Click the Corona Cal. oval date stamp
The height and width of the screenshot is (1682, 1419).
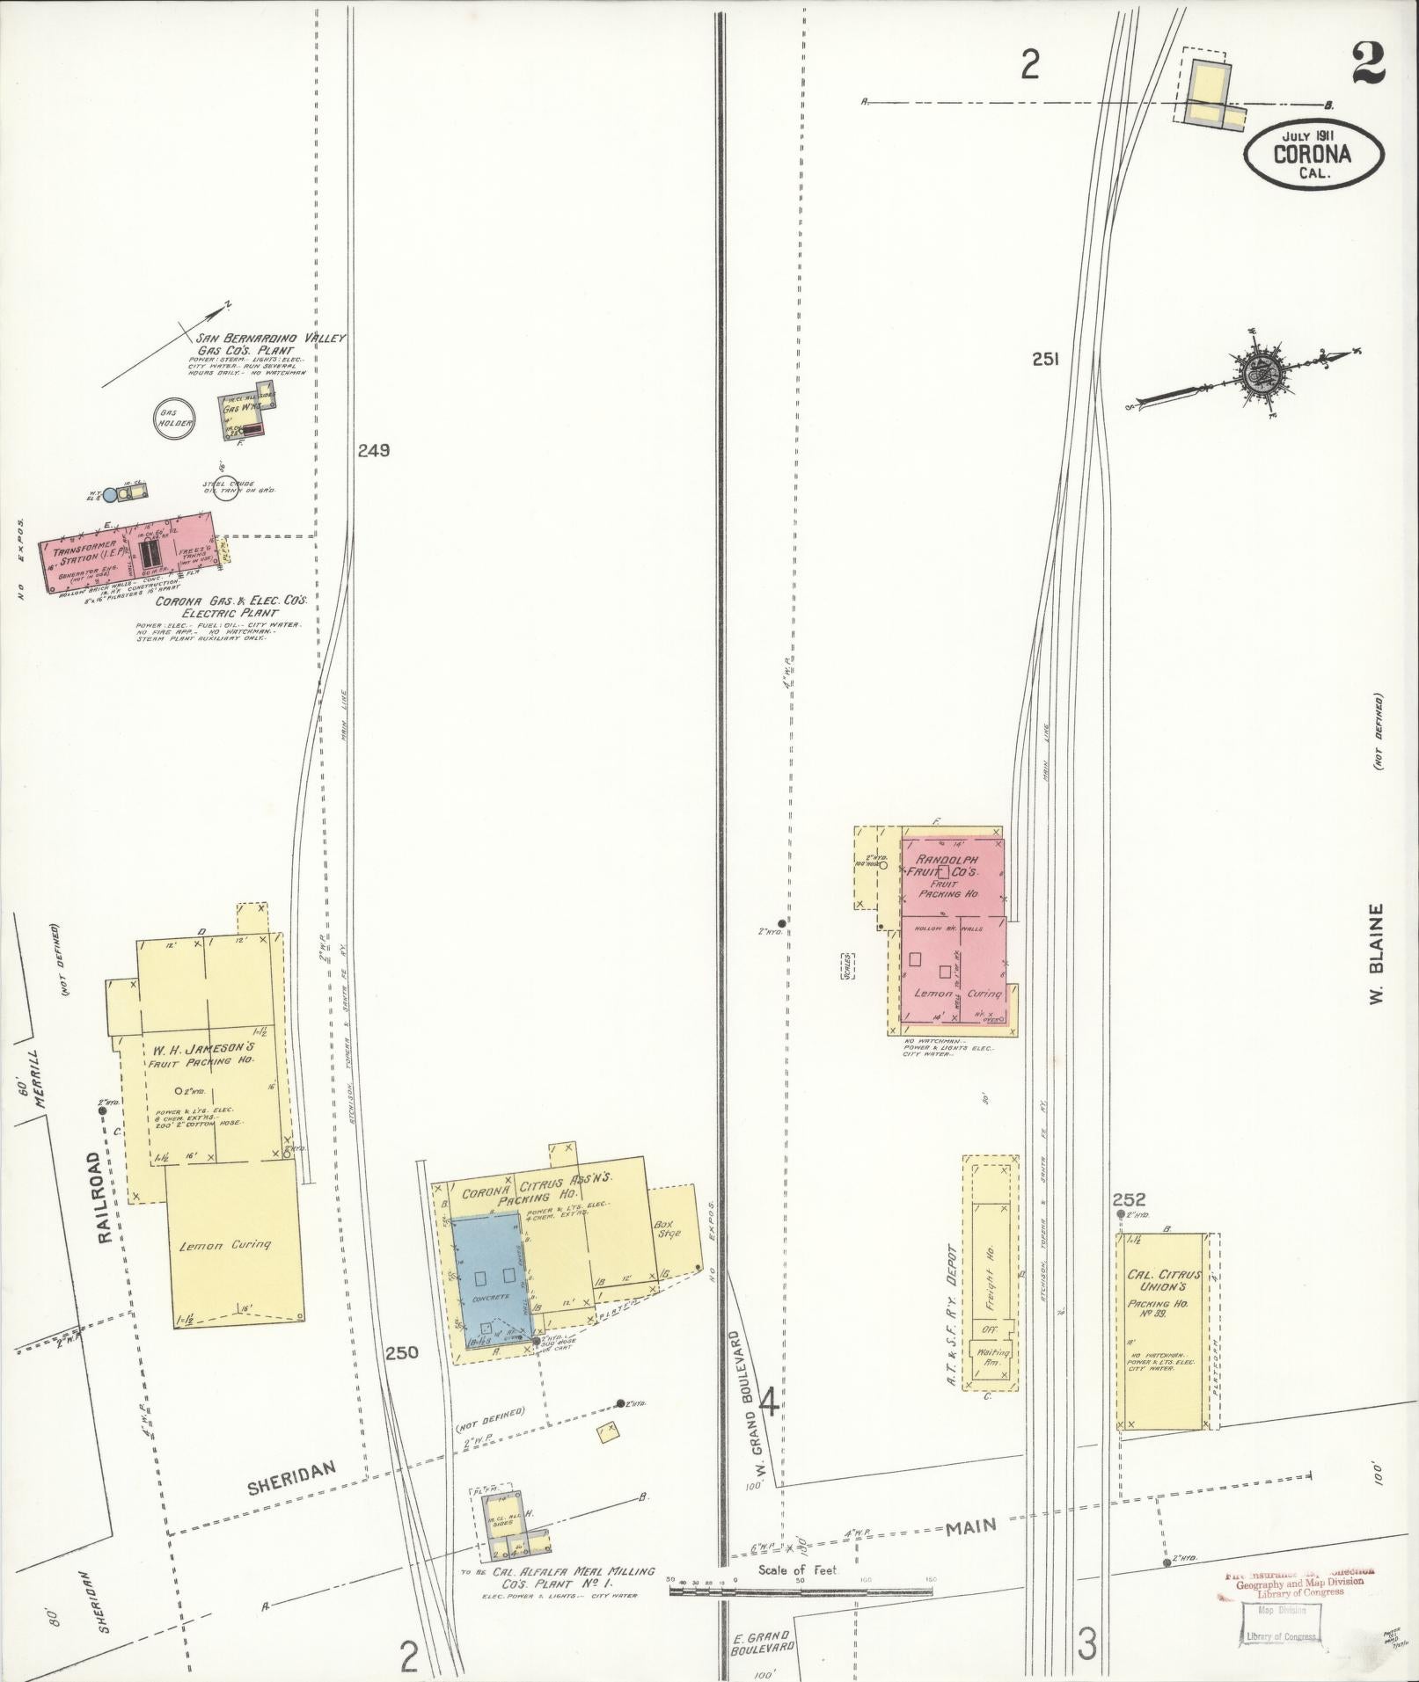point(1311,154)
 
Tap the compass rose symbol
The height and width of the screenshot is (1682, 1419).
point(1255,373)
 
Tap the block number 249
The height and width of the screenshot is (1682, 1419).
point(373,450)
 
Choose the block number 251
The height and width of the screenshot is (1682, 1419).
point(1045,359)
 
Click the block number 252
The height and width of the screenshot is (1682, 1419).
point(1129,1199)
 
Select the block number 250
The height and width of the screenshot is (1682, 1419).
point(402,1378)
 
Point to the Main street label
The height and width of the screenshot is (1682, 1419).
point(971,1526)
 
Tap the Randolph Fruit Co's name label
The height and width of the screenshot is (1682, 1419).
point(947,864)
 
